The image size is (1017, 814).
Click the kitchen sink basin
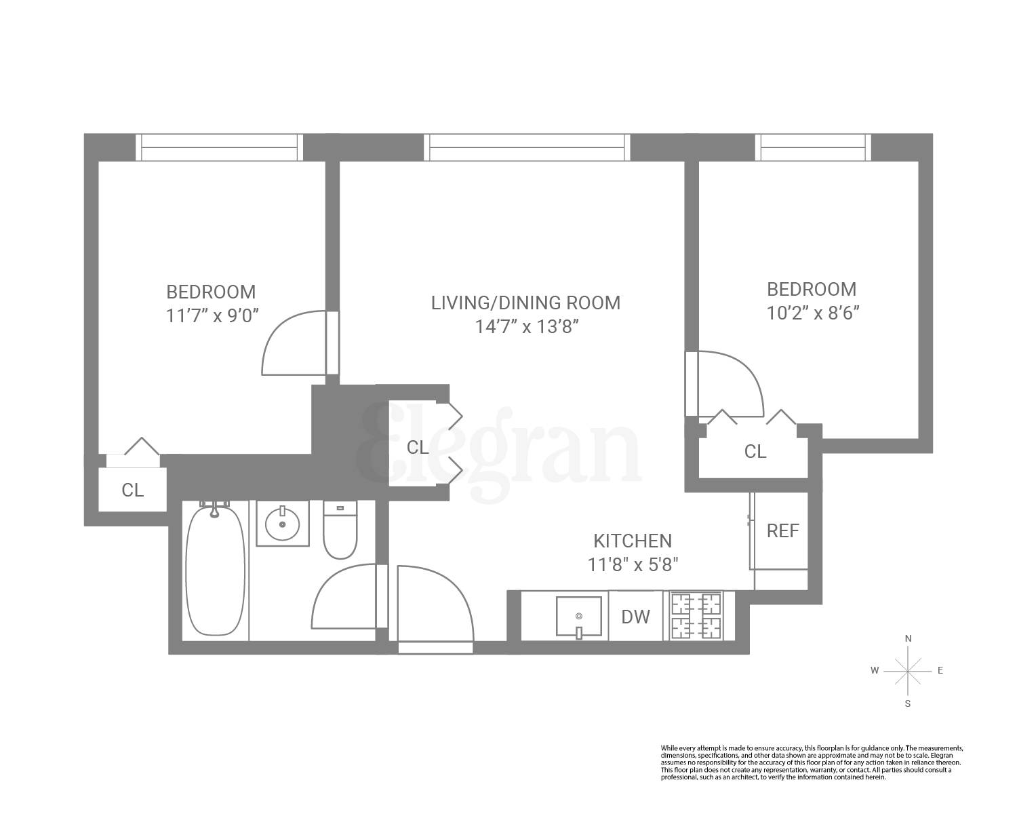pos(578,617)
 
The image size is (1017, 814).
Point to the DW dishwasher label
pos(635,617)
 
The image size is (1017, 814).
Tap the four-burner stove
pos(696,616)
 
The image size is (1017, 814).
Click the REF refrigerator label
pos(782,530)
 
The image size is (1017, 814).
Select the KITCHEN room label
pos(633,541)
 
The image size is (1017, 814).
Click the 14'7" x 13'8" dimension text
pos(525,327)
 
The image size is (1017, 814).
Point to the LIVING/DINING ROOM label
pos(525,303)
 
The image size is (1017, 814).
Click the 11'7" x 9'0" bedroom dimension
pos(212,316)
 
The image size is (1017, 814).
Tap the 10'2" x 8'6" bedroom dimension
pos(812,313)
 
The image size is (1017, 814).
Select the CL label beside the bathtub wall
pos(133,490)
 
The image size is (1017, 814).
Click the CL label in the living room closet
pos(418,448)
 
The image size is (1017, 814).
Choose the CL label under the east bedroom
pos(755,451)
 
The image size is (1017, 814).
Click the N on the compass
pos(908,639)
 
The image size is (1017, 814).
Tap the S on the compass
pos(908,703)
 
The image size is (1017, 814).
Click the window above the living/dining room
pos(527,147)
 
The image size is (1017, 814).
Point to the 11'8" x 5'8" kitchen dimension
pos(633,564)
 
